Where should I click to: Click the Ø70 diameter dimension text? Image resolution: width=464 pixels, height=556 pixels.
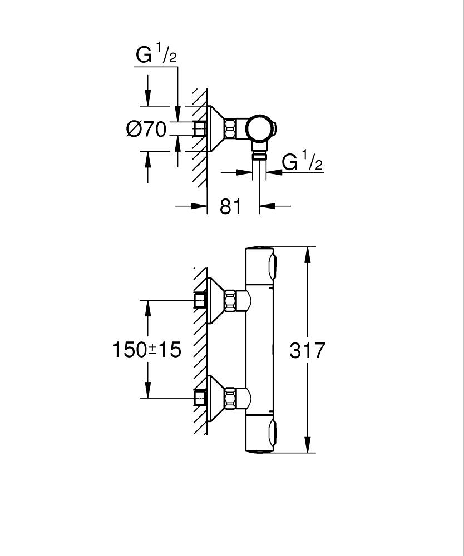click(146, 130)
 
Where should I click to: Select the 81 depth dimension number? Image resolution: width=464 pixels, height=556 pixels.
click(230, 206)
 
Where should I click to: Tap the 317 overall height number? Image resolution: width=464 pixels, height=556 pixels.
click(307, 350)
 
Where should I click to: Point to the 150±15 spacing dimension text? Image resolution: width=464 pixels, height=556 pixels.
click(147, 350)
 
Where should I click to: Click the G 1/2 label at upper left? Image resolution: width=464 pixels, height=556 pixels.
click(156, 56)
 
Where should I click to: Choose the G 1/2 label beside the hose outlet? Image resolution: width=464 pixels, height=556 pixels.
click(302, 162)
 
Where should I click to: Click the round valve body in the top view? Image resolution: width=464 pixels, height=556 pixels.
click(259, 128)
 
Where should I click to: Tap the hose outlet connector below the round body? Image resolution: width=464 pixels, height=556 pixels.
click(259, 153)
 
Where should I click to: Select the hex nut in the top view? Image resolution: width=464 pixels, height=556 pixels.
click(231, 128)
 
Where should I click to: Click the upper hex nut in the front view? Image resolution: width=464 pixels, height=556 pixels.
click(230, 300)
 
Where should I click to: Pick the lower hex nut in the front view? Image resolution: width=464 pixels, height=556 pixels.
click(230, 398)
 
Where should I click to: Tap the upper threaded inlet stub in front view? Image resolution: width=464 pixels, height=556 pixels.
click(199, 300)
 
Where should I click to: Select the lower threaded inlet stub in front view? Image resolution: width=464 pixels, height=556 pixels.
click(199, 398)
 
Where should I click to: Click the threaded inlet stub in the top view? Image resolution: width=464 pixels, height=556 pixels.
click(199, 128)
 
